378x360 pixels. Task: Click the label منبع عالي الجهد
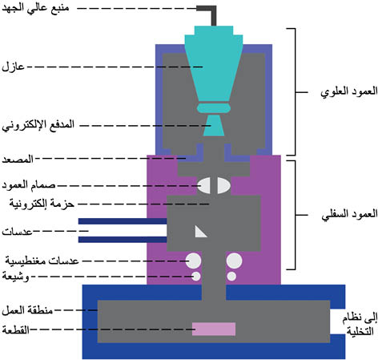coord(35,8)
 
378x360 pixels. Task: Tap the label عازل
coord(13,67)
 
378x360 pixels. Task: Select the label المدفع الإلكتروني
coord(38,125)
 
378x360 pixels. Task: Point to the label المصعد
coord(18,159)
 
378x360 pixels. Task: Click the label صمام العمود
coord(29,185)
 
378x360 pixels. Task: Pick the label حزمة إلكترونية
coord(42,204)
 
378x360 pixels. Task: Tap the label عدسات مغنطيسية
coord(42,261)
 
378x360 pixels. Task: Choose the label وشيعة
coord(15,277)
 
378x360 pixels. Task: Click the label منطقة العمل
coord(27,310)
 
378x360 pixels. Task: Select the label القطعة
coord(16,330)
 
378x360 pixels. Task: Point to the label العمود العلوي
coord(349,92)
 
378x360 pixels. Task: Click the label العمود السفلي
coord(349,215)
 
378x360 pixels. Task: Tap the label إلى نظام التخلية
coord(360,324)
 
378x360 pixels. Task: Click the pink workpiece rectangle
coord(214,329)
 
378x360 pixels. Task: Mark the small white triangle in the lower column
coord(199,233)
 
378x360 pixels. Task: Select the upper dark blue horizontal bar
coord(123,221)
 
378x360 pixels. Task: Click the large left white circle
coord(194,261)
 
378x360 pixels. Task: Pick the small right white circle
coord(231,276)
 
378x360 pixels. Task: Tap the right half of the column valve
coord(223,185)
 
